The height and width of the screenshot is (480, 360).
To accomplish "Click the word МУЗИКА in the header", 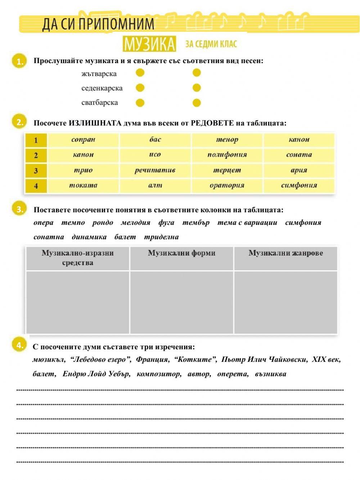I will (149, 44).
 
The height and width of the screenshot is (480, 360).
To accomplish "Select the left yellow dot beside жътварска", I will (140, 73).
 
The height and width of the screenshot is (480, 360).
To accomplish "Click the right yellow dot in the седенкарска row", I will (197, 88).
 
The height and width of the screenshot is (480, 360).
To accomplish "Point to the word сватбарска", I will (99, 103).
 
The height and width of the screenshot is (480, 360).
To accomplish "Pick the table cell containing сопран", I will (83, 140).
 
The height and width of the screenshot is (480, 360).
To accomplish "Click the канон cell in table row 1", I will (299, 140).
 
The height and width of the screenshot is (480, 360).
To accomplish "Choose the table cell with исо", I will (155, 155).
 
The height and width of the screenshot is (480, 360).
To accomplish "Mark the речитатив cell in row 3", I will (155, 170).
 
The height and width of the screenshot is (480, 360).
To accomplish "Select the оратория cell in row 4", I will (227, 186).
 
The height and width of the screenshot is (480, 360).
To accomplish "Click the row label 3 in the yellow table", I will (36, 170).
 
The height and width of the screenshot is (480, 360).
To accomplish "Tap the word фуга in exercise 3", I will (166, 223).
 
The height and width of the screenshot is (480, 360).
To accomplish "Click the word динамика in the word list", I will (89, 237).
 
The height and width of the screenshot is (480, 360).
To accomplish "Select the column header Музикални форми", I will (181, 253).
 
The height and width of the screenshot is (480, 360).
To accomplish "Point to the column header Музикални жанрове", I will (285, 253).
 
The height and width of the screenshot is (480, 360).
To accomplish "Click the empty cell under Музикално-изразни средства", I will (78, 302).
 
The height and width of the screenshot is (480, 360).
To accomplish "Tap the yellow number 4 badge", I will (19, 345).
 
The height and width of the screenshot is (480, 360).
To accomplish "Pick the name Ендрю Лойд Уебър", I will (96, 374).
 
